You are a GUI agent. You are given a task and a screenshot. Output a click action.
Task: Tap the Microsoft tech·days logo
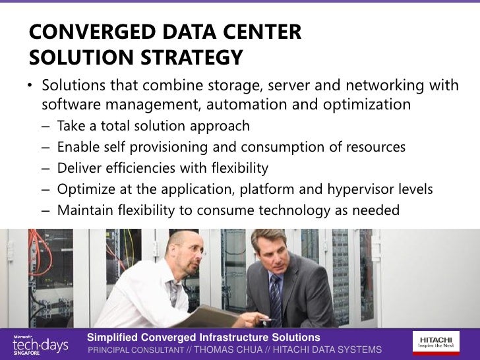(x=40, y=344)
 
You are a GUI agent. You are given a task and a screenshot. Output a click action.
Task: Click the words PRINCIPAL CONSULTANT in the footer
(x=135, y=349)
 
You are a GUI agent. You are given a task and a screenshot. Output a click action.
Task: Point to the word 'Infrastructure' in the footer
(x=223, y=338)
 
